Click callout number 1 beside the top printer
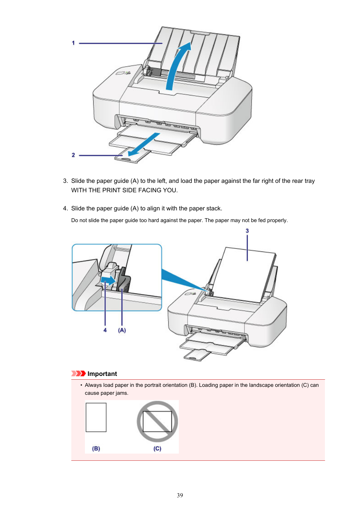pyautogui.click(x=73, y=43)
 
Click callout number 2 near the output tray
pyautogui.click(x=73, y=155)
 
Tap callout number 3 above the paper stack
pyautogui.click(x=247, y=231)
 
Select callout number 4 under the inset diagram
pyautogui.click(x=105, y=330)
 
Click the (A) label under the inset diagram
pyautogui.click(x=122, y=330)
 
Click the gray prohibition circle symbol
pyautogui.click(x=157, y=421)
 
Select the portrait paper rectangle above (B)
pyautogui.click(x=96, y=417)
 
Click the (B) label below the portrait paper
pyautogui.click(x=96, y=449)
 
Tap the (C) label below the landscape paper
pyautogui.click(x=157, y=449)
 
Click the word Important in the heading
pyautogui.click(x=102, y=374)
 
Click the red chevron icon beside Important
pyautogui.click(x=78, y=374)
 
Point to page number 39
pyautogui.click(x=180, y=495)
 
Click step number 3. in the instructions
pyautogui.click(x=65, y=181)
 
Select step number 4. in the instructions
pyautogui.click(x=65, y=209)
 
